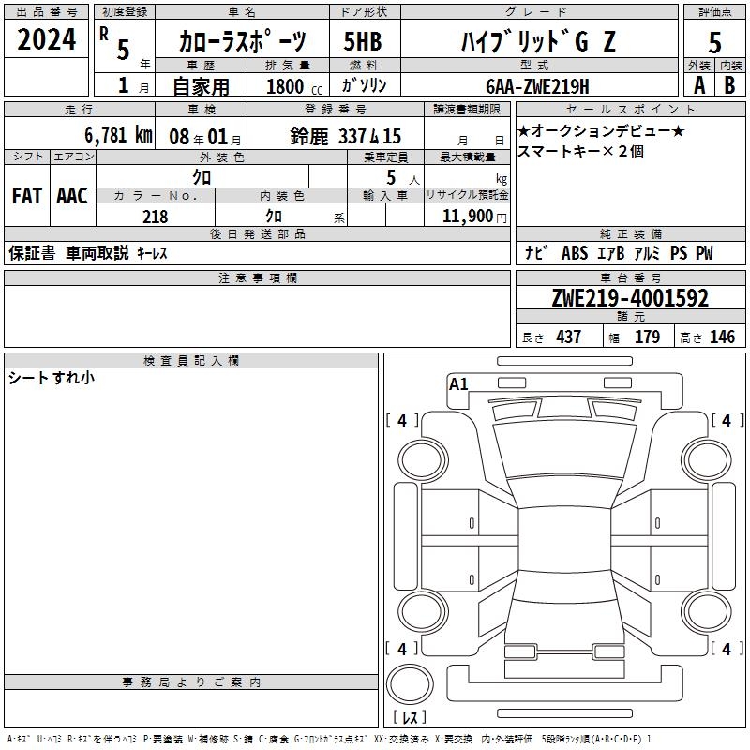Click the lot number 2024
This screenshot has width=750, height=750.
46,39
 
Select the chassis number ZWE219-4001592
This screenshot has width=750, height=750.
630,298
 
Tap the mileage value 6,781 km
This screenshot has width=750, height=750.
118,135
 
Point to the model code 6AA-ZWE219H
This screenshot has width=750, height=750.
537,86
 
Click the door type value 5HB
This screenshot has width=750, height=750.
363,41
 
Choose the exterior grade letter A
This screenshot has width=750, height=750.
699,85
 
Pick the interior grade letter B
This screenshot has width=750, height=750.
729,85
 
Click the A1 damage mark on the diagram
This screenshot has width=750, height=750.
458,384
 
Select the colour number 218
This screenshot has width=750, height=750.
155,217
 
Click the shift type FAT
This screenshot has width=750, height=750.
27,196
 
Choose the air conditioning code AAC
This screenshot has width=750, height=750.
72,196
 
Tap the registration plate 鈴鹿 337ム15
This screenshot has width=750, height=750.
345,136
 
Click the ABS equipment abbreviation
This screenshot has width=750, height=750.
575,253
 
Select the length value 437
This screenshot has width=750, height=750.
568,337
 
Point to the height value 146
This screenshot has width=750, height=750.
722,337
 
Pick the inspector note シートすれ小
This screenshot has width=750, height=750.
52,378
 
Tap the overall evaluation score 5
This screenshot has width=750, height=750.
714,43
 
